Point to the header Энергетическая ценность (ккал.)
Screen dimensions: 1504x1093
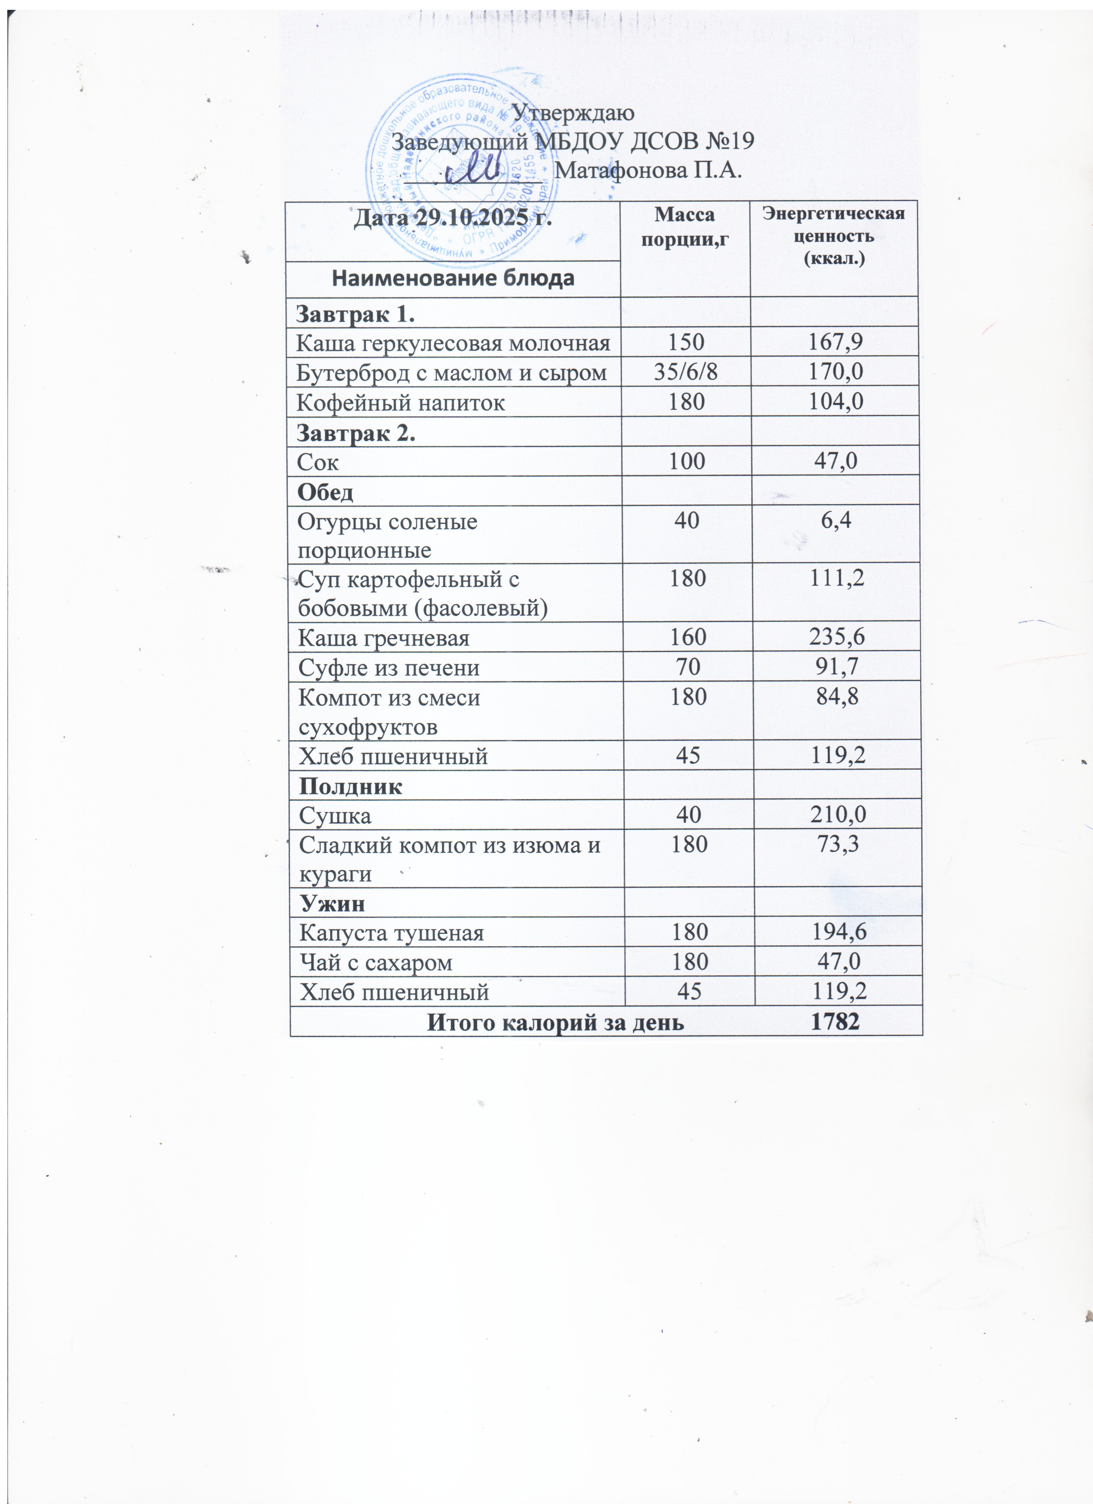[x=833, y=235]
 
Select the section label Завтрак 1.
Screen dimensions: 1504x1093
[x=355, y=314]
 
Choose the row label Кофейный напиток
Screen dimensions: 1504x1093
[x=400, y=403]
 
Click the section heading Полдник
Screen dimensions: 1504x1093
[x=350, y=786]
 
